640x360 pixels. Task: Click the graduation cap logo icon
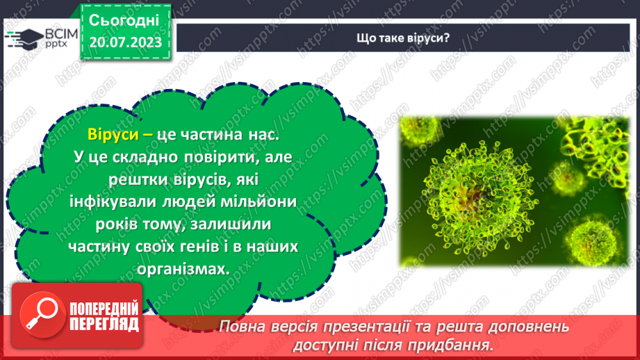click(22, 38)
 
